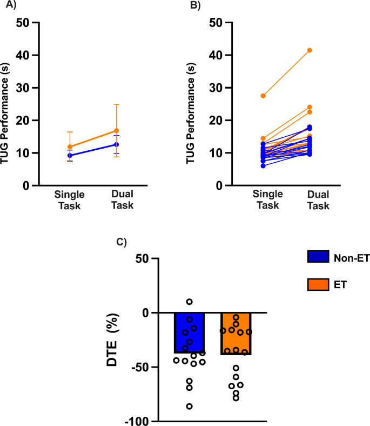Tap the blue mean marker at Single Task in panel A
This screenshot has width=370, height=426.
(x=70, y=155)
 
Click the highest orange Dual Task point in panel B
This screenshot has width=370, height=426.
(x=310, y=50)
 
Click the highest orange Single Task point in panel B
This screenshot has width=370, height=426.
(x=248, y=96)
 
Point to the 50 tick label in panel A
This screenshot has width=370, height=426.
(x=22, y=23)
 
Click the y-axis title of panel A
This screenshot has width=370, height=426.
(x=7, y=104)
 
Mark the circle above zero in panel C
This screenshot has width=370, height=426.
(x=190, y=302)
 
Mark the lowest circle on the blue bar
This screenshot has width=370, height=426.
(x=190, y=406)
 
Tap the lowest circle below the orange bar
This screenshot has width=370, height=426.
(x=236, y=398)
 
